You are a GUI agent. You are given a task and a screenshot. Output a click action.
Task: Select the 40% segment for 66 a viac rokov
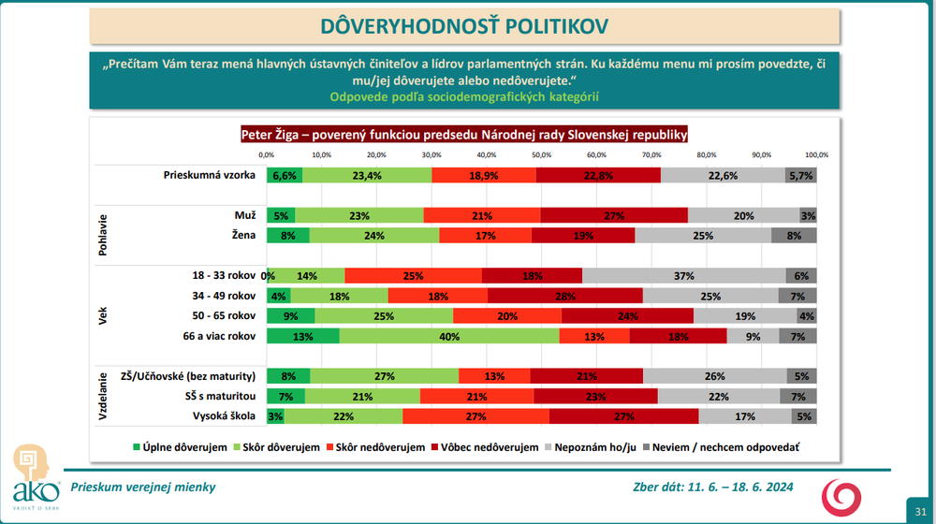[449, 336]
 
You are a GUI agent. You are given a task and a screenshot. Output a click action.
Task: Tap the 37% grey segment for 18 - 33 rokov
[683, 275]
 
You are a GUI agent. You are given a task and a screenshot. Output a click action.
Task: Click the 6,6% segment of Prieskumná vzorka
[285, 175]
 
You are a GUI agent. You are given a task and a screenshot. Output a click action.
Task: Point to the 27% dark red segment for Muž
[614, 215]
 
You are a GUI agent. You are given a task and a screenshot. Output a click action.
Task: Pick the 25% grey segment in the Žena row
[703, 235]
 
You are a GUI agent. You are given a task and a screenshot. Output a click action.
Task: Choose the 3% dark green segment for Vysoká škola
[275, 415]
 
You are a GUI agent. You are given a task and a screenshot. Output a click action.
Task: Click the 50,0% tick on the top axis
[541, 154]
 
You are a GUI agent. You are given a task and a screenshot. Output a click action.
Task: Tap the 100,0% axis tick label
[816, 154]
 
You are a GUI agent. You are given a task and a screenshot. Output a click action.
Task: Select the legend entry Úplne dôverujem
[183, 447]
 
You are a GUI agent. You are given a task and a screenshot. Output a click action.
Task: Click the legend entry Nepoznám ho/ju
[593, 447]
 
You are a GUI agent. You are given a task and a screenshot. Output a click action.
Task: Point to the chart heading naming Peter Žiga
[464, 134]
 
